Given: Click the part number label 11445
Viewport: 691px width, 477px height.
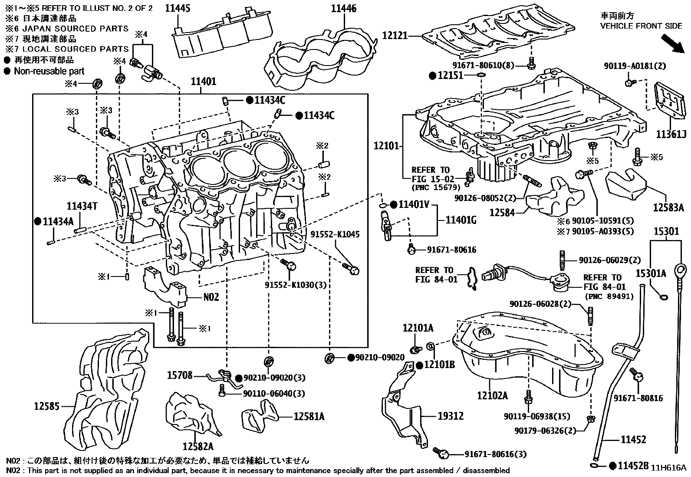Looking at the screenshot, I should point(178,8).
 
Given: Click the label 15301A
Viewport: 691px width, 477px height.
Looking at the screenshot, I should point(651,273).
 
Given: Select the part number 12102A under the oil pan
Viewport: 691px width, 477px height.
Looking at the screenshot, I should point(492,395).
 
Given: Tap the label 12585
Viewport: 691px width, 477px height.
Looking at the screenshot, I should point(47,406).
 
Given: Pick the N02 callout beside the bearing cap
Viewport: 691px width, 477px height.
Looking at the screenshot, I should point(211,297).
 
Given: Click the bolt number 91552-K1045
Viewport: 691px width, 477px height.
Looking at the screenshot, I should point(335,234).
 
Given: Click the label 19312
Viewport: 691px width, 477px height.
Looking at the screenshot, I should point(451,416).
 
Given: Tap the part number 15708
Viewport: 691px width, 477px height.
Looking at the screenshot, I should point(179,375).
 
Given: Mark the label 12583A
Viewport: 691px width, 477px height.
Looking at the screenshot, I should point(668,207).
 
